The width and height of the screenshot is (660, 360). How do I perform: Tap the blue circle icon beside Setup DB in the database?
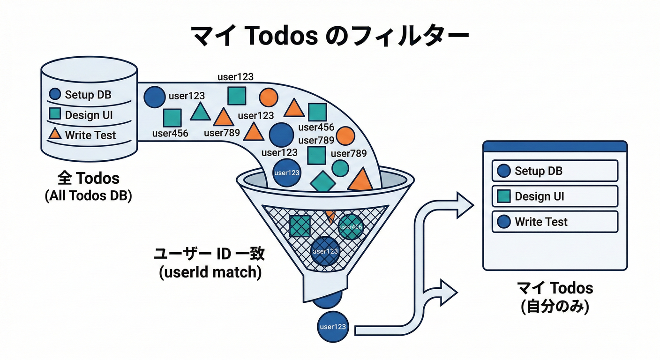(55, 94)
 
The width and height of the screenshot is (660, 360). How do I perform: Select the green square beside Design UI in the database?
(55, 114)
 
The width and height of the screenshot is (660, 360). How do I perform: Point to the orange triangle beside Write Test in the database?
(55, 135)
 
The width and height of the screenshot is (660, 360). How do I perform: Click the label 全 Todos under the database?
(88, 178)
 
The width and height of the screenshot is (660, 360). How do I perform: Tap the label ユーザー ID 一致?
(210, 254)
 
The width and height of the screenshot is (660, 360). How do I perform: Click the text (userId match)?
(210, 272)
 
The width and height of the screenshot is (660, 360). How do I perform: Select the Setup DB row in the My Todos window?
(555, 171)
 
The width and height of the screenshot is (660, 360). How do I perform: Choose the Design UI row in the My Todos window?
(555, 196)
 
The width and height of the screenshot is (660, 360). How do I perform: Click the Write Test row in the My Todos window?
(555, 221)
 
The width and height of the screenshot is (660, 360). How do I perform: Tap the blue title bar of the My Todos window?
(555, 146)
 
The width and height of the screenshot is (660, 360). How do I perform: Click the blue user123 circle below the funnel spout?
(333, 327)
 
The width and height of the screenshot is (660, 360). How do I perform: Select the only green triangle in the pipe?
(200, 112)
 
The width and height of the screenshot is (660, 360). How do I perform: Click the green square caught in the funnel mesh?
(300, 226)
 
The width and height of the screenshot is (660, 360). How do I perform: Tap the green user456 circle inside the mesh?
(351, 227)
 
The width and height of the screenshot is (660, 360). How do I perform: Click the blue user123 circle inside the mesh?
(325, 251)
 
